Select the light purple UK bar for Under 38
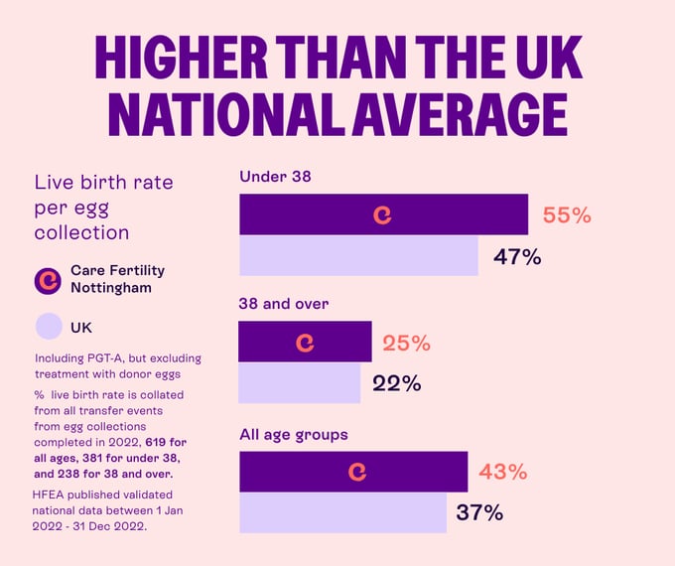tap(358, 256)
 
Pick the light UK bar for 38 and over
tap(300, 383)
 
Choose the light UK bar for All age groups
tap(342, 513)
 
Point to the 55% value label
tap(567, 214)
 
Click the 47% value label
tap(517, 257)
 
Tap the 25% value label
tap(406, 343)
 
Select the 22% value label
tap(397, 383)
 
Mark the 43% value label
tap(502, 472)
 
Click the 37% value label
tap(479, 513)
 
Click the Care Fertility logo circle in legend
tap(48, 279)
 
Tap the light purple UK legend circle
tap(48, 326)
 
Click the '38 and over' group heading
tap(284, 304)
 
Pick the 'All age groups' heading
tap(293, 434)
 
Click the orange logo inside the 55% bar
tap(382, 214)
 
